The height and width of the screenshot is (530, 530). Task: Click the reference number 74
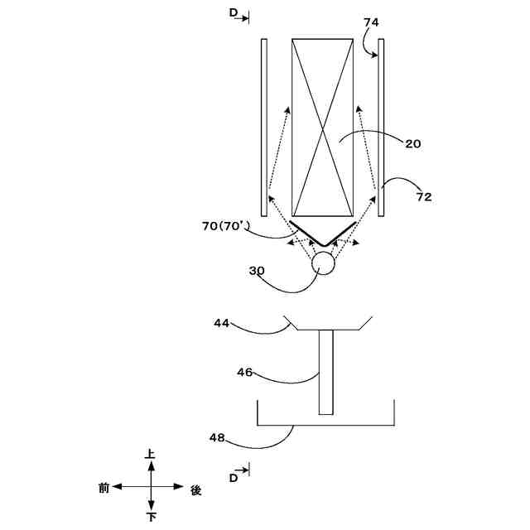(371, 23)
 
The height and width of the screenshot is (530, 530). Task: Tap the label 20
(413, 143)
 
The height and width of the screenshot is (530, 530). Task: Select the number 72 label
(423, 197)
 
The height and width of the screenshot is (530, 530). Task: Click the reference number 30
(258, 270)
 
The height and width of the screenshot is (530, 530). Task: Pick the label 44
(221, 323)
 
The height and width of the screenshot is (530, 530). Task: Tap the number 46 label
(244, 373)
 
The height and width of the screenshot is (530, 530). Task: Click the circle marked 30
(322, 264)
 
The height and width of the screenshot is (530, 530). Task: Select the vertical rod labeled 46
(325, 372)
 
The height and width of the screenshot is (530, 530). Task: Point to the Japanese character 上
(150, 455)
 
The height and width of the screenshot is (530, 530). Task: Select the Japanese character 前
(104, 489)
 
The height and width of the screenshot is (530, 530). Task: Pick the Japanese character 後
(195, 489)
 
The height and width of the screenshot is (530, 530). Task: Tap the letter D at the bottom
(234, 477)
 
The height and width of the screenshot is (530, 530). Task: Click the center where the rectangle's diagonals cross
(323, 127)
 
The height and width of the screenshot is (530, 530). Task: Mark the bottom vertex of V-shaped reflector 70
(323, 245)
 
